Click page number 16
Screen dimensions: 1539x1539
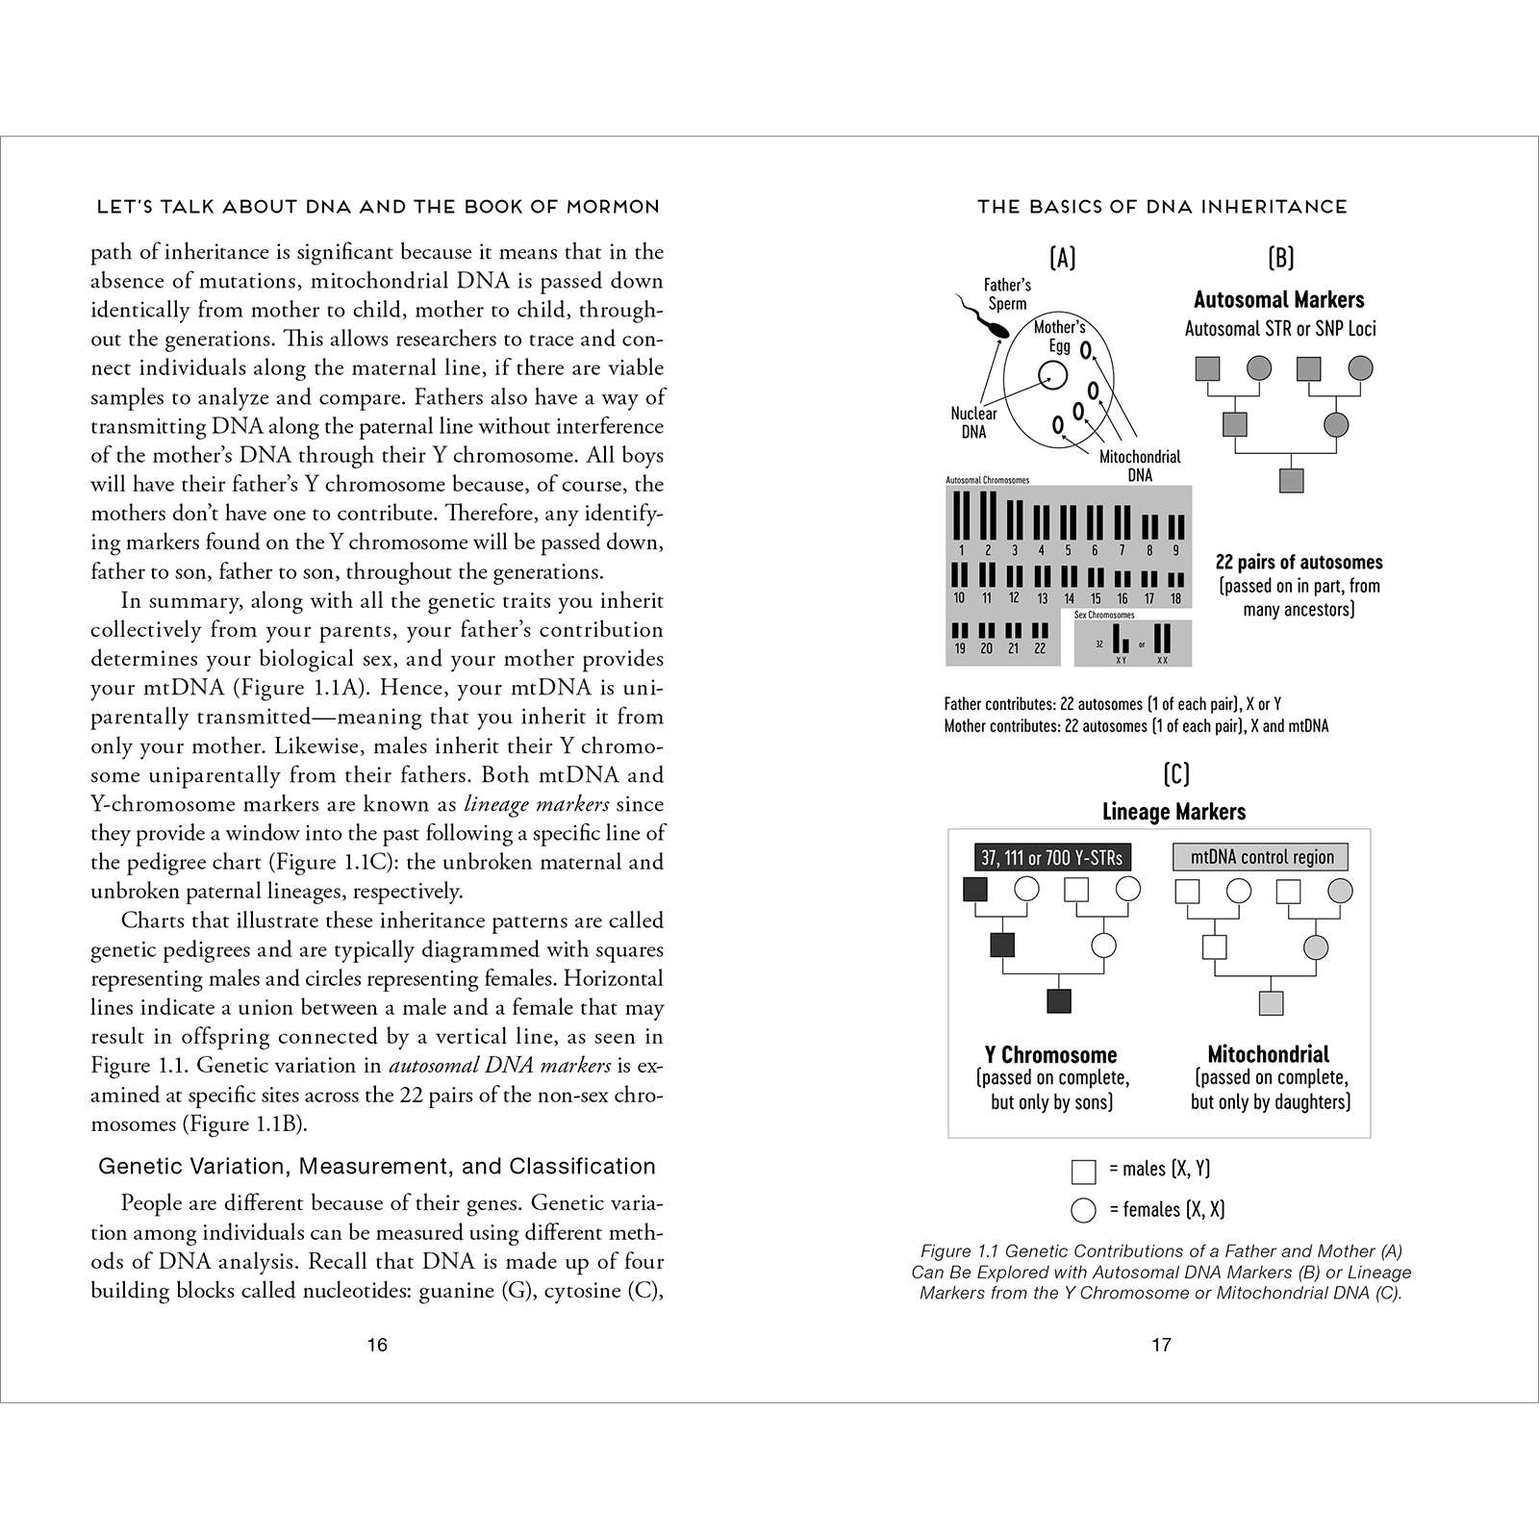pyautogui.click(x=377, y=1344)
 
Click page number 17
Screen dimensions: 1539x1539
pyautogui.click(x=1162, y=1344)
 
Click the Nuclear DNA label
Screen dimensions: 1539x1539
pyautogui.click(x=973, y=422)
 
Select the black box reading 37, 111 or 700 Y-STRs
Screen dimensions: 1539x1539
pyautogui.click(x=1050, y=857)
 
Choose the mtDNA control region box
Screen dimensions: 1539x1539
pyautogui.click(x=1261, y=857)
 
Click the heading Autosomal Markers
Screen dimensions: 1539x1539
pyautogui.click(x=1278, y=299)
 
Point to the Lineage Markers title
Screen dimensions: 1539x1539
pyautogui.click(x=1173, y=812)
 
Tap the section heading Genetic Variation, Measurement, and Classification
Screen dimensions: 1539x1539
pyautogui.click(x=377, y=1166)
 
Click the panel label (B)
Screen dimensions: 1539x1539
pyautogui.click(x=1280, y=257)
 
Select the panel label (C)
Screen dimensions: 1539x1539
pyautogui.click(x=1175, y=773)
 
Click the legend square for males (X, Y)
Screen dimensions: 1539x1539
pyautogui.click(x=1083, y=1171)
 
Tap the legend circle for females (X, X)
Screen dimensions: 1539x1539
pyautogui.click(x=1083, y=1210)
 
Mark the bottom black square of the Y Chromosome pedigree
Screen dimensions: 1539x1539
pyautogui.click(x=1058, y=1001)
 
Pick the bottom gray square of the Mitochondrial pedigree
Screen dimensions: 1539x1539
pyautogui.click(x=1271, y=1003)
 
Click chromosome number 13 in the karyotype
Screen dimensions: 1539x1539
pyautogui.click(x=1042, y=598)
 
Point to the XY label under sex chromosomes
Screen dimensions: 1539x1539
pyautogui.click(x=1121, y=660)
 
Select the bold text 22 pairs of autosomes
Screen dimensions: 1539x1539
pyautogui.click(x=1299, y=562)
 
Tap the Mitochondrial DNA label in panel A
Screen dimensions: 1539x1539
pyautogui.click(x=1140, y=466)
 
